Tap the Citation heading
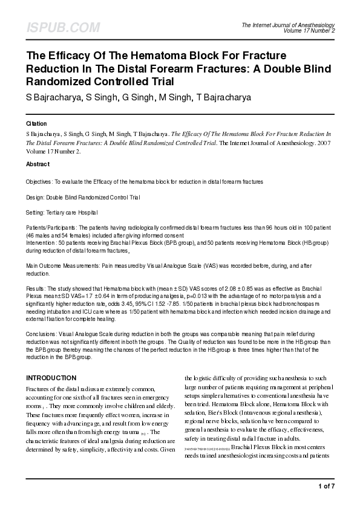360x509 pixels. point(36,123)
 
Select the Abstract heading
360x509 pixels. point(38,164)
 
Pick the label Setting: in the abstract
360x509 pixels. point(36,213)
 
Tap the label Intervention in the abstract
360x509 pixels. point(41,242)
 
